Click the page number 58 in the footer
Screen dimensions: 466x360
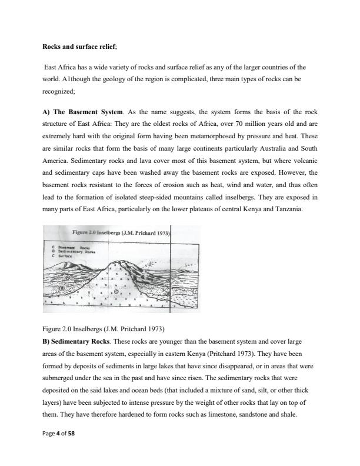tap(72, 433)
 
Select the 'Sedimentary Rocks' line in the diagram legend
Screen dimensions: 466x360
tap(76, 251)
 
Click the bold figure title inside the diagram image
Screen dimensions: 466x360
tap(121, 234)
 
